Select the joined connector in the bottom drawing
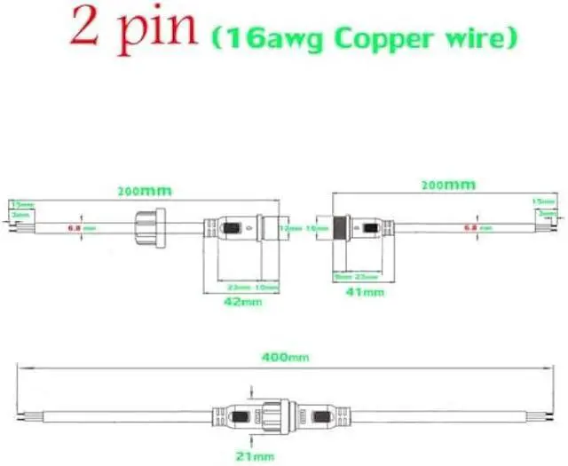pos(266,415)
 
